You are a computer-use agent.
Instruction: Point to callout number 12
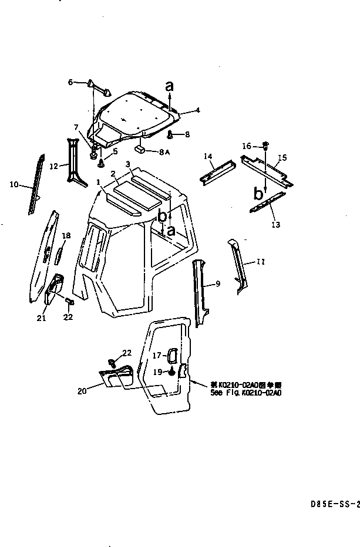click(53, 166)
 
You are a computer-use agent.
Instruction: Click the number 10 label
click(14, 184)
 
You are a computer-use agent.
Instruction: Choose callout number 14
click(207, 156)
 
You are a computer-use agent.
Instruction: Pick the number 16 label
click(247, 146)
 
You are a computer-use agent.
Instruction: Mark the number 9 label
click(217, 284)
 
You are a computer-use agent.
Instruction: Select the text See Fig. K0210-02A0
click(245, 394)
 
